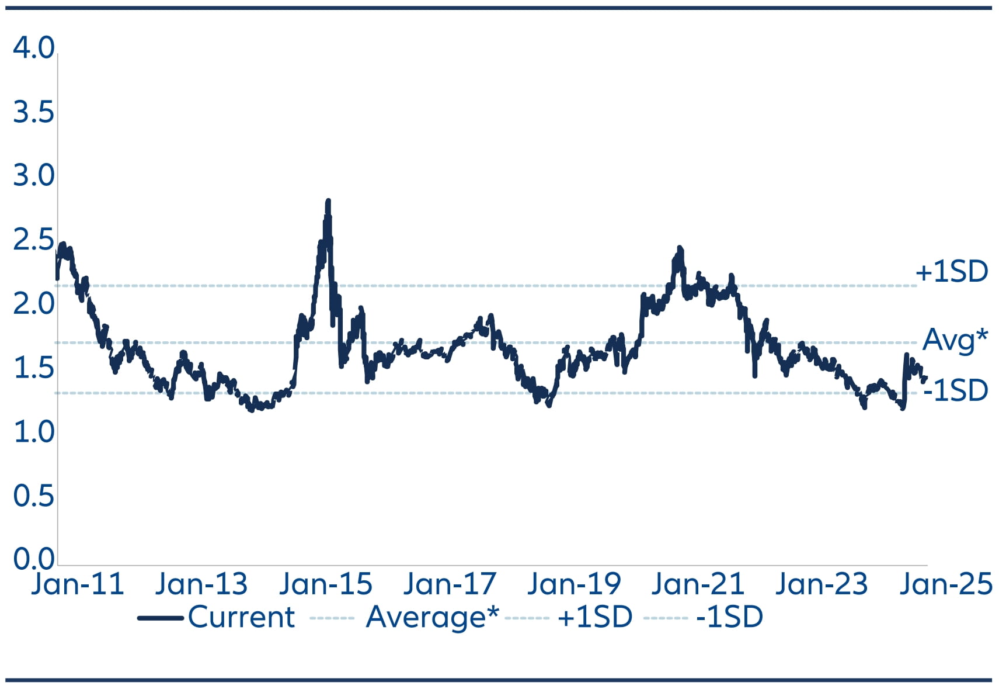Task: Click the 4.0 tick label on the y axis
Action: click(33, 48)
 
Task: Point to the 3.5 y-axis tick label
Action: click(33, 112)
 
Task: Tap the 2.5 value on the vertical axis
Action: click(33, 240)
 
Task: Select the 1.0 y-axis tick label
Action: click(33, 432)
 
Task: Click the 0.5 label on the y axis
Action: click(33, 496)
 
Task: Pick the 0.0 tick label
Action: click(33, 559)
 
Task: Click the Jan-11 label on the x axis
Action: click(78, 584)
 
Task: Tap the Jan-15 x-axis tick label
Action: click(325, 584)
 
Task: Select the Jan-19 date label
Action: click(573, 584)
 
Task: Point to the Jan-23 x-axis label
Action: click(821, 584)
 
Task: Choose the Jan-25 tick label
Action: click(945, 584)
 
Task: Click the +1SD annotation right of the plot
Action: click(951, 272)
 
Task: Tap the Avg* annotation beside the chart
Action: click(955, 340)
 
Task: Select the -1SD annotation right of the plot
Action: click(955, 390)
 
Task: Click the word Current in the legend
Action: click(241, 617)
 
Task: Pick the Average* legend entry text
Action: click(432, 617)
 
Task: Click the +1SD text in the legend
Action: click(594, 617)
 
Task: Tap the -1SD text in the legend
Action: click(729, 617)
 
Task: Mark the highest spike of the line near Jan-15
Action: click(328, 201)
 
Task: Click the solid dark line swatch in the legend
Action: click(160, 618)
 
